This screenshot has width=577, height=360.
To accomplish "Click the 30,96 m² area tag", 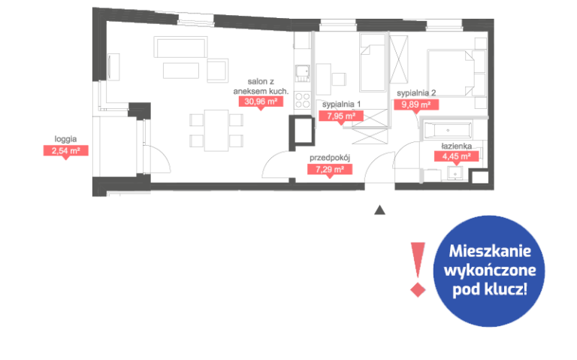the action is click(261, 102).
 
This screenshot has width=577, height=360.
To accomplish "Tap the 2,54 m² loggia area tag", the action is click(66, 151).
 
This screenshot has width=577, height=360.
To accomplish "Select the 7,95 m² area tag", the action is click(341, 116).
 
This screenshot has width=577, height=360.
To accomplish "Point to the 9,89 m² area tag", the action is click(416, 105).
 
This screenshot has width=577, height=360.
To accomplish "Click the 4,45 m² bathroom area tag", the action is click(456, 156).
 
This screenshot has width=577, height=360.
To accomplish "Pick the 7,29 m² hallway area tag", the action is click(330, 170).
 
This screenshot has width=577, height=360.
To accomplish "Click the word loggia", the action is click(65, 139).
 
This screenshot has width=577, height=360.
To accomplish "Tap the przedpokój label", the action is click(330, 158).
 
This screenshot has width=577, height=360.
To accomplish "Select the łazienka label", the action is click(456, 146).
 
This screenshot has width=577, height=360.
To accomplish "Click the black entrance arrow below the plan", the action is click(379, 210).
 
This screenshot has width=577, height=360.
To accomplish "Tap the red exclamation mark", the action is click(418, 269).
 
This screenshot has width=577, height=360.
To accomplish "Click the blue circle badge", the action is click(489, 271).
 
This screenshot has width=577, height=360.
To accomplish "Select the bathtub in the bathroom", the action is click(448, 131).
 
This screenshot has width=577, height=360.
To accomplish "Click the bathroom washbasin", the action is click(455, 174).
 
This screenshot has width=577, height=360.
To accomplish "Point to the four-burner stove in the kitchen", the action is click(303, 101).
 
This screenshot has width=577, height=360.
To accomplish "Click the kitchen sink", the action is click(303, 74).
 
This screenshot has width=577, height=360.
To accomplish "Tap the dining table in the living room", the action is click(216, 130).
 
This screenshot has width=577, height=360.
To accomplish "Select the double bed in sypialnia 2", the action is click(451, 73).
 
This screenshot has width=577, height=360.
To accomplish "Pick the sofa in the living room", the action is click(180, 47).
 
